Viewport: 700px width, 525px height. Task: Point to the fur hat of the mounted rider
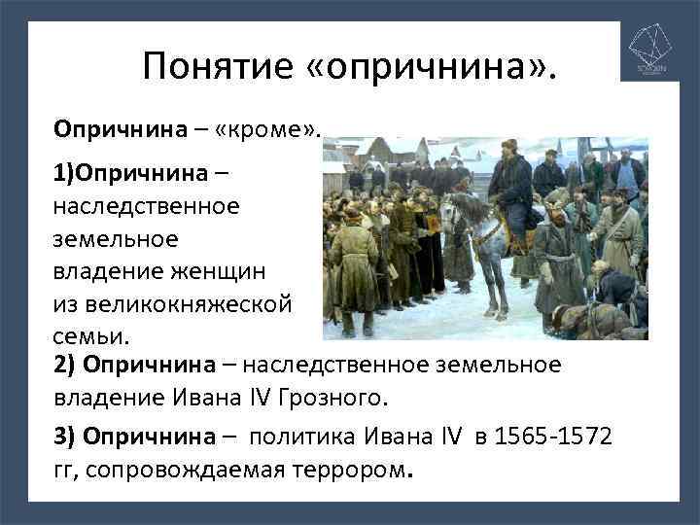pos(508,147)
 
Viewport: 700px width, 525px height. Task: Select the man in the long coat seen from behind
pos(354,262)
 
